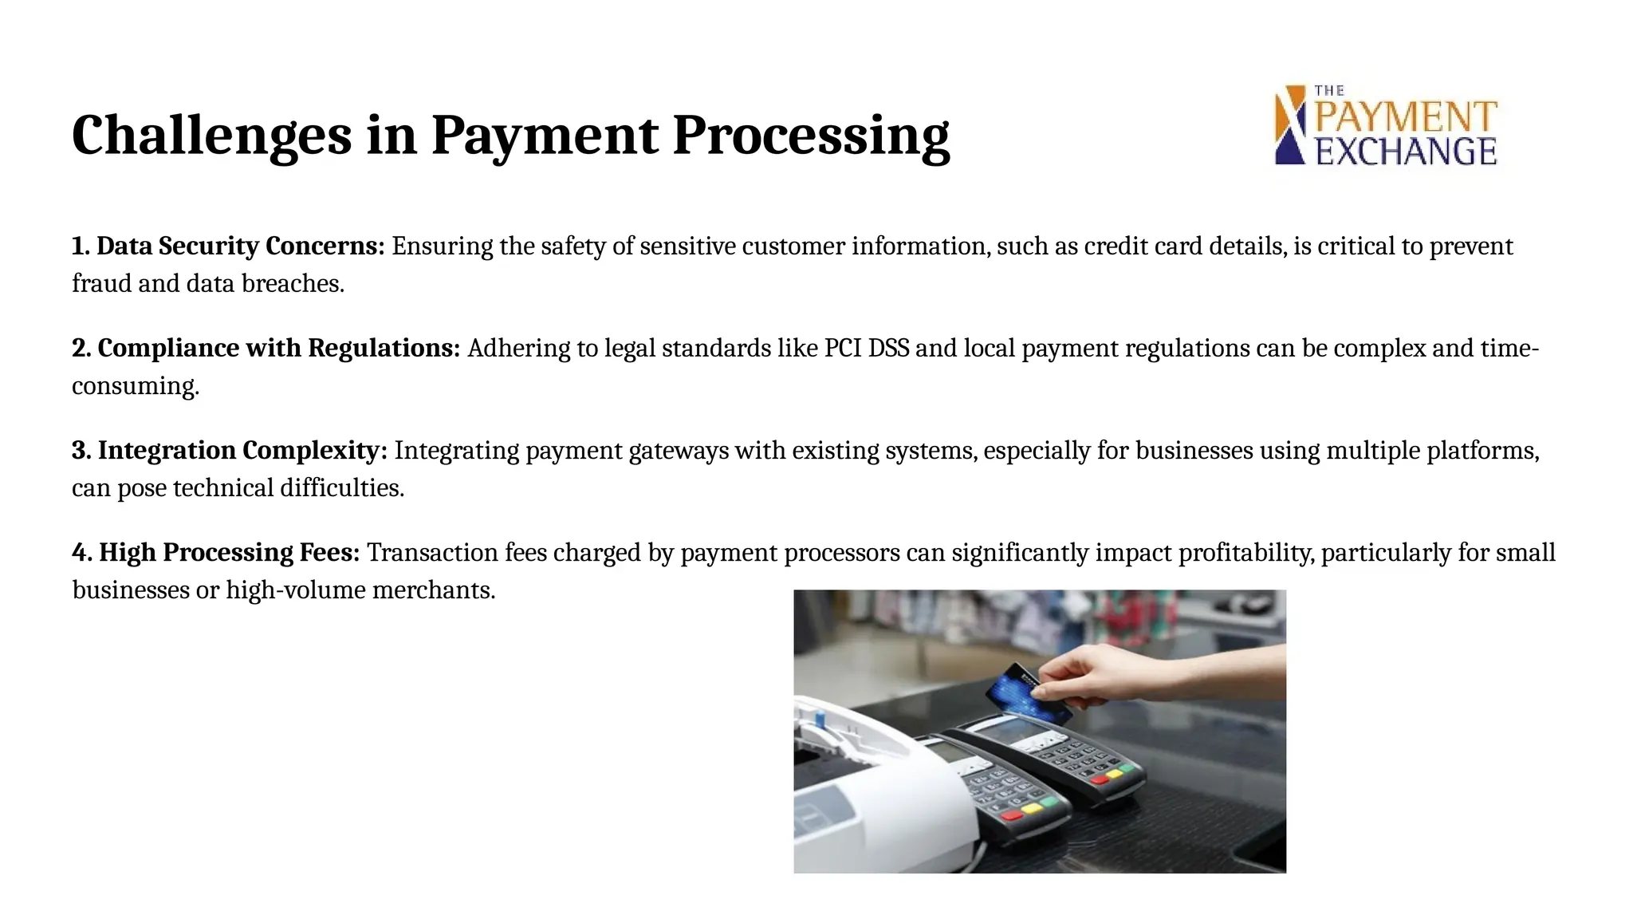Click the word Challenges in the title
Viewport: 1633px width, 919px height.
point(211,136)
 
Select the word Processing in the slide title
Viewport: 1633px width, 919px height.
point(811,136)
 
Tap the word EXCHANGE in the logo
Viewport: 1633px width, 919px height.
point(1406,152)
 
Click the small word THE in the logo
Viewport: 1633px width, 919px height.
point(1329,91)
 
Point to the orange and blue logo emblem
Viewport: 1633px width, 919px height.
point(1290,125)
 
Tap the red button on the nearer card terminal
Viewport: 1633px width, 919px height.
point(1012,815)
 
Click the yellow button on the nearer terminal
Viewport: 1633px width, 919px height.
point(1031,808)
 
